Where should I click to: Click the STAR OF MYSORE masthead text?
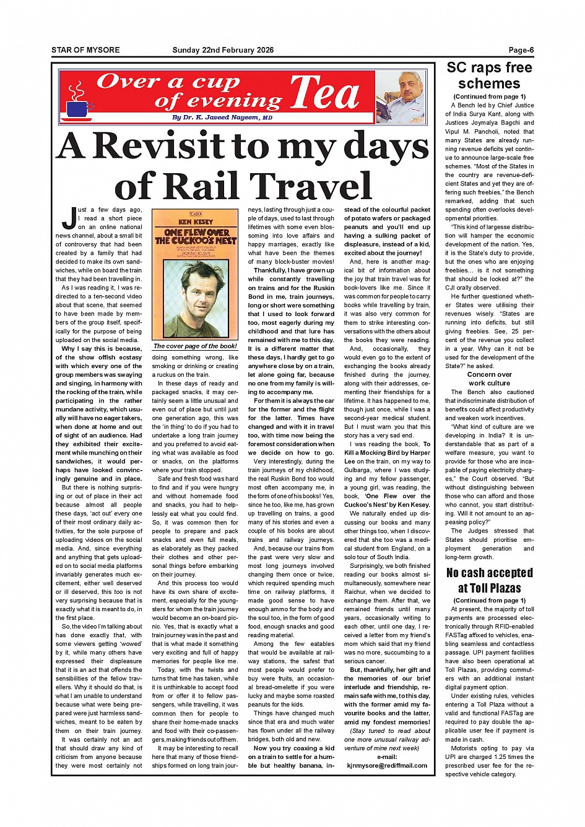(x=85, y=50)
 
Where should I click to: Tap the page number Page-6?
(x=521, y=50)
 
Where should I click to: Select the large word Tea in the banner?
(x=324, y=93)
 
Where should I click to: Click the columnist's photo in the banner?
(x=401, y=97)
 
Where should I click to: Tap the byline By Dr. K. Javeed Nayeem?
(x=222, y=118)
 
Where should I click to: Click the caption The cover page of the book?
(x=195, y=346)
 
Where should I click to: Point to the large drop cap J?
(x=68, y=217)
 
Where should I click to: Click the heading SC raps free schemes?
(x=489, y=75)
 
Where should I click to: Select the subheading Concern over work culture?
(x=489, y=379)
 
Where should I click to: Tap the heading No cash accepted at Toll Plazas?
(x=489, y=580)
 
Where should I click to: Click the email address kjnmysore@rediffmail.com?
(x=387, y=765)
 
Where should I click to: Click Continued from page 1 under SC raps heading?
(x=489, y=96)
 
